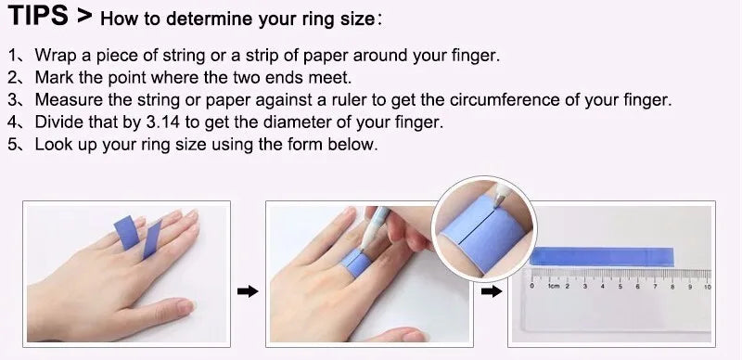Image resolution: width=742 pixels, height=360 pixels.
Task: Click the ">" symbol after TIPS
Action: point(84,16)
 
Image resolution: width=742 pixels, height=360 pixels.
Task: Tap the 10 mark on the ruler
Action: point(707,287)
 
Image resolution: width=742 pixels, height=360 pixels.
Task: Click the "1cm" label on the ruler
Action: point(554,287)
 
